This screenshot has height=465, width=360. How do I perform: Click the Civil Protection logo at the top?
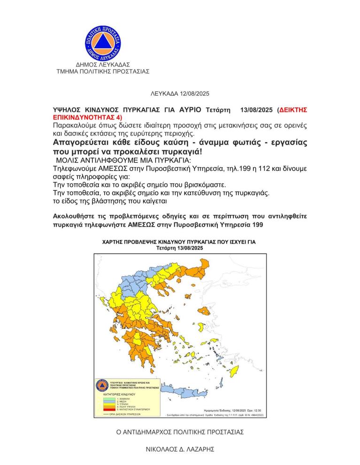tap(103, 41)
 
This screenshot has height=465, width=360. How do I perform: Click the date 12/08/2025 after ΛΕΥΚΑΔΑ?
tap(193, 94)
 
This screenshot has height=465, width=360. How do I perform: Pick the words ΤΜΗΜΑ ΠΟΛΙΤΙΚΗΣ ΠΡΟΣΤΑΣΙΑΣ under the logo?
tap(103, 72)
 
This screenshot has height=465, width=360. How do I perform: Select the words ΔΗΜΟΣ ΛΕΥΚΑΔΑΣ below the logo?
tap(103, 64)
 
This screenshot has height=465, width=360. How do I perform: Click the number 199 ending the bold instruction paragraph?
tap(257, 225)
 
